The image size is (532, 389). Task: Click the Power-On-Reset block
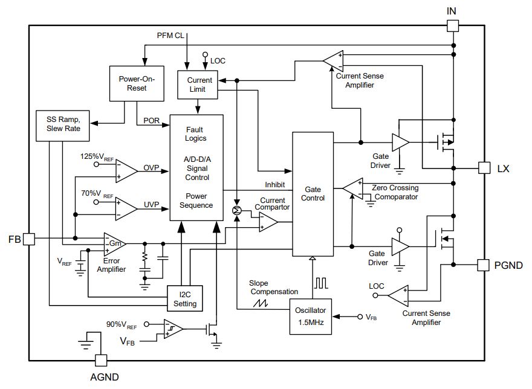coord(137,83)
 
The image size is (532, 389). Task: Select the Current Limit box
coord(198,85)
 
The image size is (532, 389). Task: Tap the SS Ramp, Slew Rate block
coord(63,126)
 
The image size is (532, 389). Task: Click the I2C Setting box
coord(185,298)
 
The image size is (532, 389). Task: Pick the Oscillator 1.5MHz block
coord(311,317)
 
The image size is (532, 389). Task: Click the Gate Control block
coord(313,194)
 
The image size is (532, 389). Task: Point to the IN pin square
coord(453,26)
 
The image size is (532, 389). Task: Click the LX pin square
coord(484,168)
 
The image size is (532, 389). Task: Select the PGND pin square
coord(483,265)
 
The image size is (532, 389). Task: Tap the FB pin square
coord(29,239)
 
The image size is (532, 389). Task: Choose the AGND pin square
coord(101,361)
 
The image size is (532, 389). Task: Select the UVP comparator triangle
coord(126,209)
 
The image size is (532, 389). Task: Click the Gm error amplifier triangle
coord(114,244)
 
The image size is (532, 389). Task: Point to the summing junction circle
coord(237,211)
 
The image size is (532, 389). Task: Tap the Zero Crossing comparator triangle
coord(354,188)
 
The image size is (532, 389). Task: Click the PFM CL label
coord(170,36)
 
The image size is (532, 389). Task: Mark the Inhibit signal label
coord(275,185)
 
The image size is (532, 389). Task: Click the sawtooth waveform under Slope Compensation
coord(260,303)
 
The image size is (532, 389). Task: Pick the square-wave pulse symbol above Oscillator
coord(321,283)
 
